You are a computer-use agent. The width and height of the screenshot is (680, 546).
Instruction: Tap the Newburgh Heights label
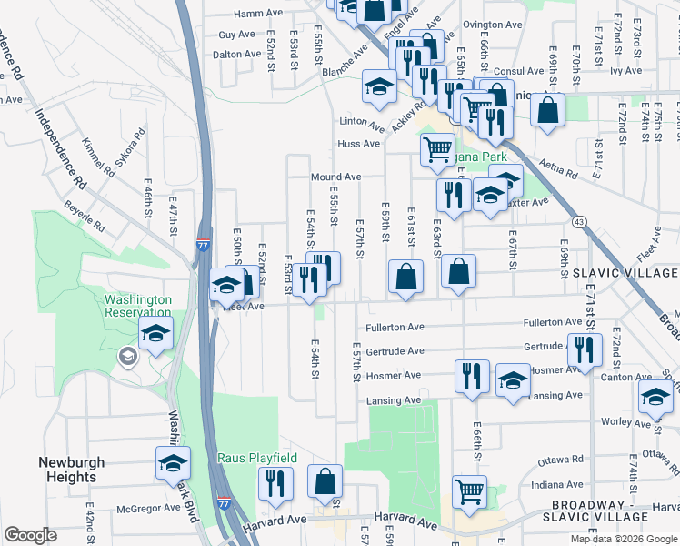click(x=67, y=470)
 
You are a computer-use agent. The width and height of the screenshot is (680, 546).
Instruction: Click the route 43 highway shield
click(x=578, y=221)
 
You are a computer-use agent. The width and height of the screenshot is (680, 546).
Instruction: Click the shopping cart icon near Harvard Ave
click(x=469, y=491)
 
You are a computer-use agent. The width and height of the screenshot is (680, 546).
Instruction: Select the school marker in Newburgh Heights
click(x=173, y=463)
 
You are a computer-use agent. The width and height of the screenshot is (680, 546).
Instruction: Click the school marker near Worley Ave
click(x=655, y=395)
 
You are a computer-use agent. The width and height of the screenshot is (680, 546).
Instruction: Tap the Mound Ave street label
click(x=336, y=177)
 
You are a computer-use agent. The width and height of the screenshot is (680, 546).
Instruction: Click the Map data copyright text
click(x=623, y=539)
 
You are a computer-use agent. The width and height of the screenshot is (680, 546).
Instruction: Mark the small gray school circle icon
click(x=128, y=355)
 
